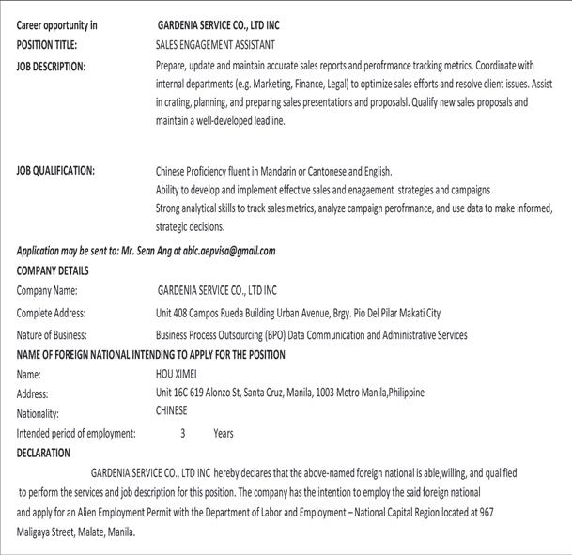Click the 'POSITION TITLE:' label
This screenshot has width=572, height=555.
coord(48,44)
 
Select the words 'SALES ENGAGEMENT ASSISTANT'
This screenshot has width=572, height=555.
coord(215,44)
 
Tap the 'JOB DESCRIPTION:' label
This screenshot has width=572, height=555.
coord(51,66)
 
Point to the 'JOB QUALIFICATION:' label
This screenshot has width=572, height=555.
coord(55,171)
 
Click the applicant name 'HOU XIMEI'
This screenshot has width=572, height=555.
coord(176,374)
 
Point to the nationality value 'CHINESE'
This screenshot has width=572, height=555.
coord(171,410)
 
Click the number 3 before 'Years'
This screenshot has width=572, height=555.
coord(183,433)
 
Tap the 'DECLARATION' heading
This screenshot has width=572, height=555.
coord(43,453)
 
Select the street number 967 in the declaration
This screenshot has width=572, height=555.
coord(486,513)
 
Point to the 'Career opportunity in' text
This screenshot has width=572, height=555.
coord(56,25)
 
